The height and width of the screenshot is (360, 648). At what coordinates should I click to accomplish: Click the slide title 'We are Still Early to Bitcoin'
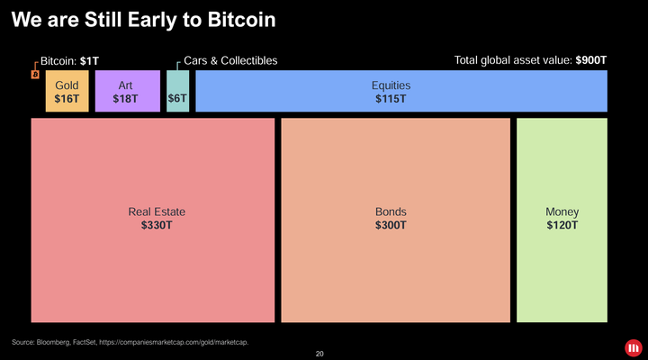click(x=142, y=19)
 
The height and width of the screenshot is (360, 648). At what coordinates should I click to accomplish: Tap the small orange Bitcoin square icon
click(x=35, y=75)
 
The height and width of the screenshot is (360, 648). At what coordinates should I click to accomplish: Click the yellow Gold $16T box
click(x=67, y=92)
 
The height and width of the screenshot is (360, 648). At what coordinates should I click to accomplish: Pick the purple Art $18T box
click(x=126, y=92)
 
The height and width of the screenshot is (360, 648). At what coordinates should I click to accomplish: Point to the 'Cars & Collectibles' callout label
click(x=230, y=60)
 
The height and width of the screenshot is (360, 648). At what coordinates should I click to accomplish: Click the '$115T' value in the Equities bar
click(x=391, y=98)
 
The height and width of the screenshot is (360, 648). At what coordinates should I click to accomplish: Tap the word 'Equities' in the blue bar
click(x=391, y=85)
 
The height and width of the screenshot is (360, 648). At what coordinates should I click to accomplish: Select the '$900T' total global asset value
click(x=591, y=60)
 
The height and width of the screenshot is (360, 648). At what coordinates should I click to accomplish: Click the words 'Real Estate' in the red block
click(x=157, y=211)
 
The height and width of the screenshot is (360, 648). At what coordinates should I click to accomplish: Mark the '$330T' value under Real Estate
click(x=157, y=225)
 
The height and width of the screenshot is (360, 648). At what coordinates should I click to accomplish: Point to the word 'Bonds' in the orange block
click(x=391, y=211)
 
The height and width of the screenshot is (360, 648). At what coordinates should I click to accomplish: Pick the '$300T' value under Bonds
click(x=391, y=225)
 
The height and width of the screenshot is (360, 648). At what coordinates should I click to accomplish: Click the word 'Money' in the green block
click(x=562, y=211)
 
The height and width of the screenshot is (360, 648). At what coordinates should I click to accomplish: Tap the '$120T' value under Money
click(x=562, y=225)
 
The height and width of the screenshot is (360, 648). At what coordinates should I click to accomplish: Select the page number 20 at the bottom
click(x=319, y=354)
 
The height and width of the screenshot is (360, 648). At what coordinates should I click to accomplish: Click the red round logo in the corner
click(x=634, y=346)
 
